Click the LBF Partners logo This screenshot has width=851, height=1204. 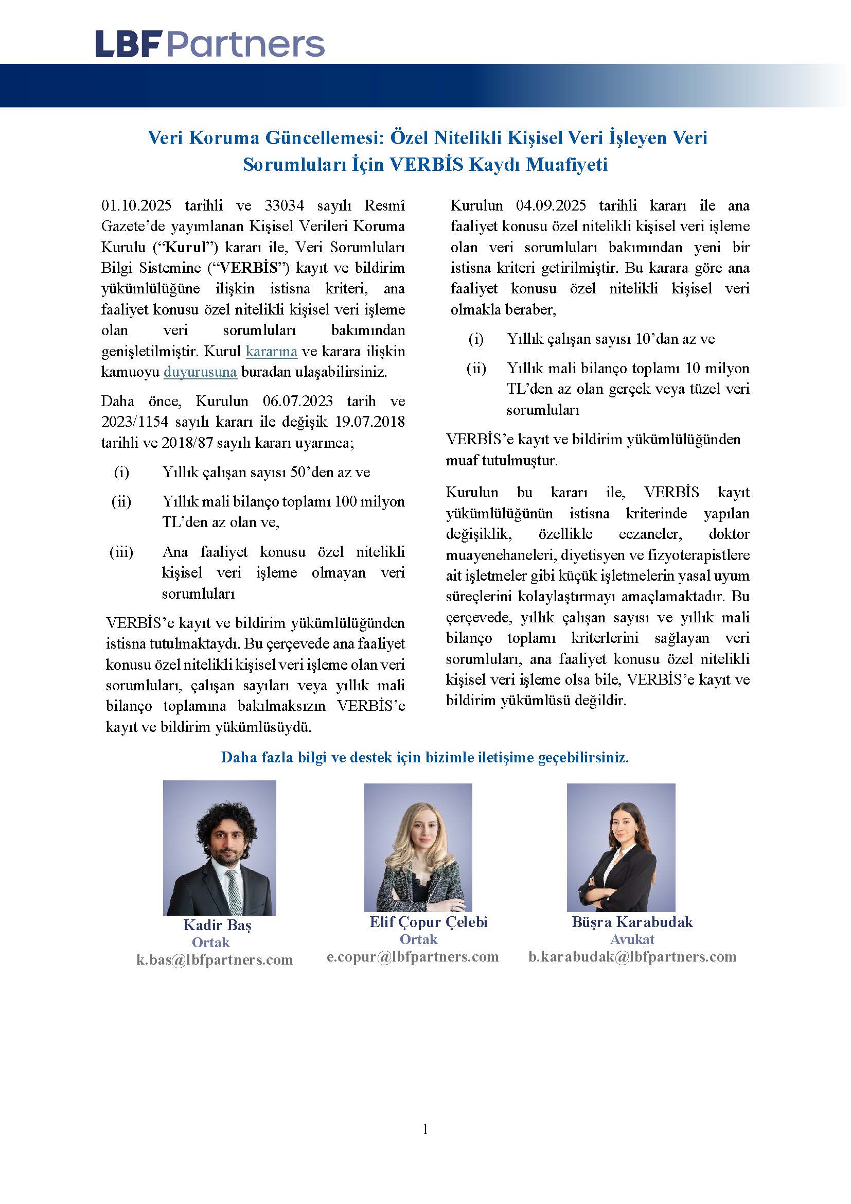pyautogui.click(x=209, y=44)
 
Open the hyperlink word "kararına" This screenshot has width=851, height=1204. pyautogui.click(x=272, y=352)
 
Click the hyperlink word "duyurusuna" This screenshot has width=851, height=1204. pyautogui.click(x=200, y=372)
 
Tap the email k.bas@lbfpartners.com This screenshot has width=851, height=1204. pyautogui.click(x=215, y=959)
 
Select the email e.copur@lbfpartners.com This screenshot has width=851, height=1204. pyautogui.click(x=413, y=956)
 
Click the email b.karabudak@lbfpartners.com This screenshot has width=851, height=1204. pyautogui.click(x=632, y=956)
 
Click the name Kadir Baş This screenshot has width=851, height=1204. pyautogui.click(x=217, y=926)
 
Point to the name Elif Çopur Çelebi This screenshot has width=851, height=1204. pyautogui.click(x=428, y=922)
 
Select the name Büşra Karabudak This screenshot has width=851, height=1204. pyautogui.click(x=632, y=922)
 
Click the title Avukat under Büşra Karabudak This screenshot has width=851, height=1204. pyautogui.click(x=632, y=939)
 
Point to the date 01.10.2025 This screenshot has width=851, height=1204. pyautogui.click(x=136, y=205)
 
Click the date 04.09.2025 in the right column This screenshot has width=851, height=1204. pyautogui.click(x=550, y=205)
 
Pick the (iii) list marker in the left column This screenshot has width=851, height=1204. pyautogui.click(x=121, y=552)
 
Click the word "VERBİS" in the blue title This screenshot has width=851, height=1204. pyautogui.click(x=426, y=165)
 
